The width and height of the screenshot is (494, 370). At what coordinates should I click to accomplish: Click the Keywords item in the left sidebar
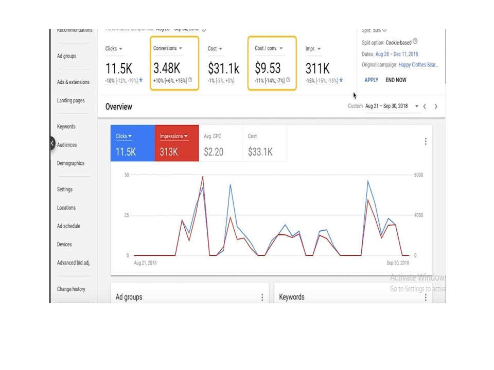tap(66, 126)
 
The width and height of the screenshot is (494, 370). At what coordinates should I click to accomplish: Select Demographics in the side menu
tap(70, 163)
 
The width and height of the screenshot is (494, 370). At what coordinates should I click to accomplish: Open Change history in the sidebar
tap(71, 289)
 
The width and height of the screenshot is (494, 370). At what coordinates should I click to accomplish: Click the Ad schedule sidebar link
tap(68, 226)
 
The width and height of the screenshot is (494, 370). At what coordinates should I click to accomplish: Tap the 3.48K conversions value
tap(167, 68)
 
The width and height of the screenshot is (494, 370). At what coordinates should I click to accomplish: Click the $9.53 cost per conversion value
tap(268, 68)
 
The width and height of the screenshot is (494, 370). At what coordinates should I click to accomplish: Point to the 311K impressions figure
tap(317, 68)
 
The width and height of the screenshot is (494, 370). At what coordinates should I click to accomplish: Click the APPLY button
tap(371, 80)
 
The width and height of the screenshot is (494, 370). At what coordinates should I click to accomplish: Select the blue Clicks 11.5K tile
tap(132, 143)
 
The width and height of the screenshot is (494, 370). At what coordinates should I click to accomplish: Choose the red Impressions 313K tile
tap(177, 143)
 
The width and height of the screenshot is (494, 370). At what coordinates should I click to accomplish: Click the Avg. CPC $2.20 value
tap(214, 152)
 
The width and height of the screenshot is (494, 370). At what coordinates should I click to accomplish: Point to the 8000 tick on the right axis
tap(418, 175)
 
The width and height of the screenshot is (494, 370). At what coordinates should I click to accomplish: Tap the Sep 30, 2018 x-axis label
tap(398, 263)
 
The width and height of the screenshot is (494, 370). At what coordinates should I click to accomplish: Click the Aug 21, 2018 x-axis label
tap(145, 263)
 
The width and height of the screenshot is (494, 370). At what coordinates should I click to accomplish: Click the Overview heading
tap(119, 107)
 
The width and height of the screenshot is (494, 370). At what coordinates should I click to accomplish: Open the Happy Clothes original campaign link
tap(418, 65)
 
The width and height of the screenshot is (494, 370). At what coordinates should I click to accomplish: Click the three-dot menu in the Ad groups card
tap(262, 298)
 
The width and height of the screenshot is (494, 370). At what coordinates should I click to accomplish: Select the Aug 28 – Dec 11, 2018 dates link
tap(397, 54)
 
